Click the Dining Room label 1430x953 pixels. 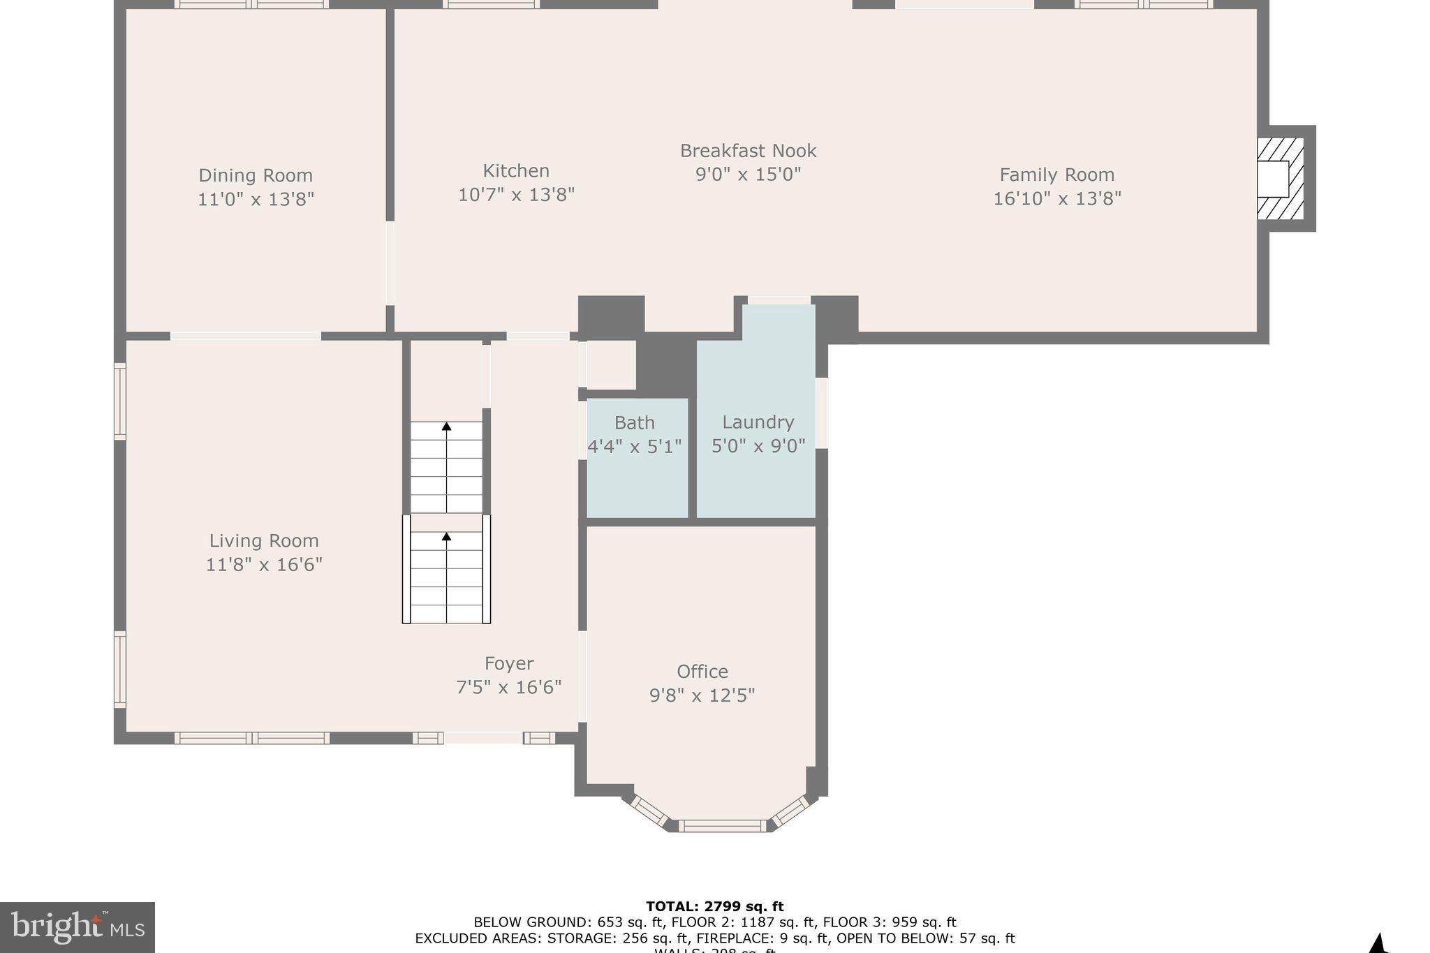click(256, 175)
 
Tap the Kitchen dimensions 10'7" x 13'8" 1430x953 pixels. click(516, 195)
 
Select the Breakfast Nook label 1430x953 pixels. click(748, 151)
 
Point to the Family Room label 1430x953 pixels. click(1056, 175)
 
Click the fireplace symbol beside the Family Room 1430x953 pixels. click(1280, 179)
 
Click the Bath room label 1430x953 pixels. click(634, 422)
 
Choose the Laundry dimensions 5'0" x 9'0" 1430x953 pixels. click(758, 445)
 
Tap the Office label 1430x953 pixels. click(702, 672)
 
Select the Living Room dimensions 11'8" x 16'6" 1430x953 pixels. click(264, 564)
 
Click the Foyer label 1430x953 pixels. click(509, 663)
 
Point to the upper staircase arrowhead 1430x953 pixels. click(446, 426)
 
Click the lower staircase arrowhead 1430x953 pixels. click(446, 536)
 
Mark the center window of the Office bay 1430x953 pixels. click(722, 825)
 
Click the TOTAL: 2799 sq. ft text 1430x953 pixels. click(714, 906)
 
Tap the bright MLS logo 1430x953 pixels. click(78, 927)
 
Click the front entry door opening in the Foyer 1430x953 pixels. click(483, 737)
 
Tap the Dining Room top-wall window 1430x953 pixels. click(251, 4)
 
